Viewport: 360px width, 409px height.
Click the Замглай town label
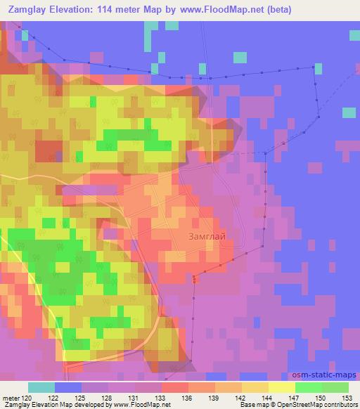coord(207,237)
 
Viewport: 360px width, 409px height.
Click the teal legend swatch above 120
coord(41,387)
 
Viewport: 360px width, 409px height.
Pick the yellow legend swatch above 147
coord(282,387)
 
